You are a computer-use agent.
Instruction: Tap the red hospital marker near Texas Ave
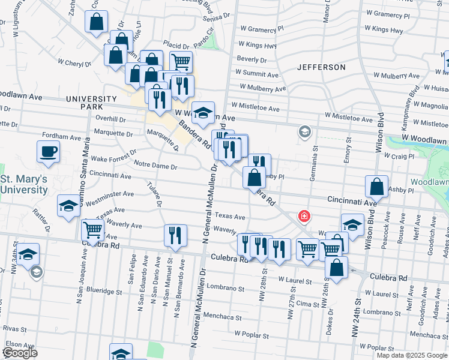pyautogui.click(x=304, y=215)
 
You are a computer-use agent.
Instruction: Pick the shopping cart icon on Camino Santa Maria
pyautogui.click(x=92, y=229)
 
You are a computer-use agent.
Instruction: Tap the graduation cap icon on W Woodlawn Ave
pyautogui.click(x=203, y=112)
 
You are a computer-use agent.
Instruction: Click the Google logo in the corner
pyautogui.click(x=19, y=353)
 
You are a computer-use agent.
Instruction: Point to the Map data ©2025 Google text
pyautogui.click(x=412, y=355)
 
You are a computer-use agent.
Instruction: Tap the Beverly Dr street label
pyautogui.click(x=252, y=59)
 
